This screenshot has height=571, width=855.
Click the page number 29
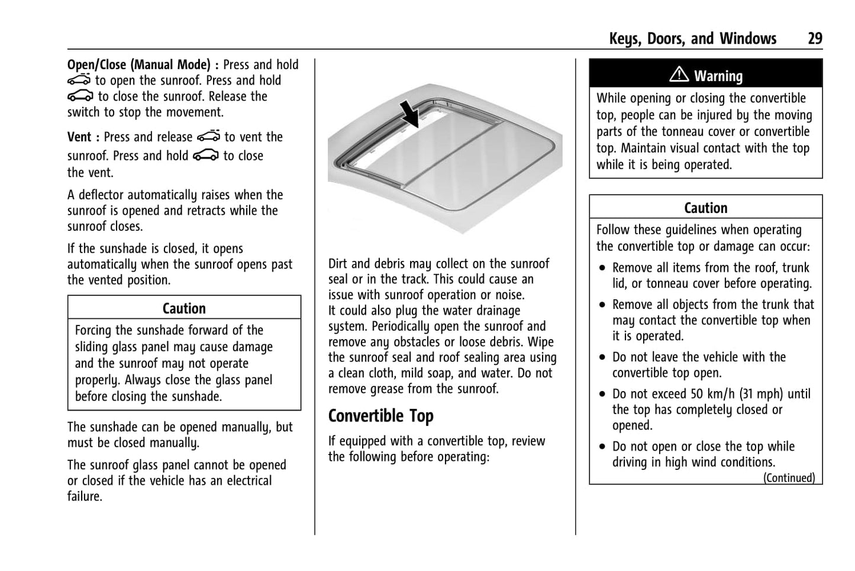pos(815,39)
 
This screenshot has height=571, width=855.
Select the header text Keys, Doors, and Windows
pos(692,39)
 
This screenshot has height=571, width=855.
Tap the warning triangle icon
pos(679,75)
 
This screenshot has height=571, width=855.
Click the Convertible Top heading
pos(380,416)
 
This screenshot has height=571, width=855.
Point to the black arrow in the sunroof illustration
pos(409,114)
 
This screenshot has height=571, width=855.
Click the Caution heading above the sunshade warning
pos(184,308)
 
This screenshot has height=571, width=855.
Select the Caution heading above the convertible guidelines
pos(705,208)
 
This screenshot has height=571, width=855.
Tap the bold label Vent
pos(79,137)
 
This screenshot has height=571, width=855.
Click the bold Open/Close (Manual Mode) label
pos(138,65)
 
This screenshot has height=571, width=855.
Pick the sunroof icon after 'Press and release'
pos(208,137)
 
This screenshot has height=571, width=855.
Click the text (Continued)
pos(788,478)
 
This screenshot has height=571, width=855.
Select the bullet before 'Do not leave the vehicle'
pos(602,357)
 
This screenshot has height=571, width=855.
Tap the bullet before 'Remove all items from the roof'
pos(602,268)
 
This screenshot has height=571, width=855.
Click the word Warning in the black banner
pos(718,76)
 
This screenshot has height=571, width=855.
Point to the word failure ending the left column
pos(84,496)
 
